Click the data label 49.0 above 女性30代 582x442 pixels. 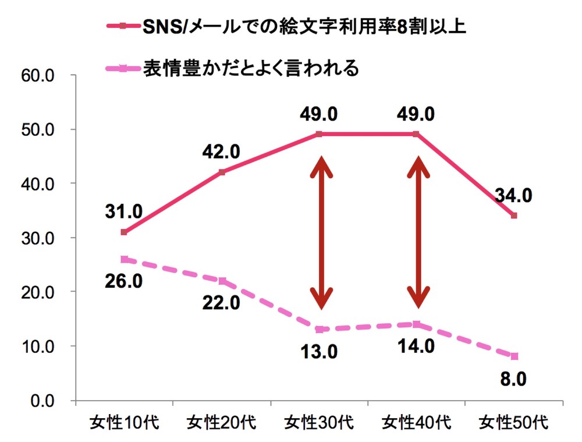click(x=319, y=115)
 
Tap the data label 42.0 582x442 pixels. click(x=221, y=152)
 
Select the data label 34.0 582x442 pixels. click(x=513, y=196)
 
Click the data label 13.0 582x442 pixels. click(x=318, y=352)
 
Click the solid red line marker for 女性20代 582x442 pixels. click(x=222, y=172)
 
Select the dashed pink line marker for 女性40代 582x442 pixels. click(x=416, y=324)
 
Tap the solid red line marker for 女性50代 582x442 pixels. click(x=514, y=215)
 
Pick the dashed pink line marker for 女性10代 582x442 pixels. click(x=124, y=260)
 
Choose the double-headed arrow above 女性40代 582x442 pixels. click(x=417, y=232)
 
